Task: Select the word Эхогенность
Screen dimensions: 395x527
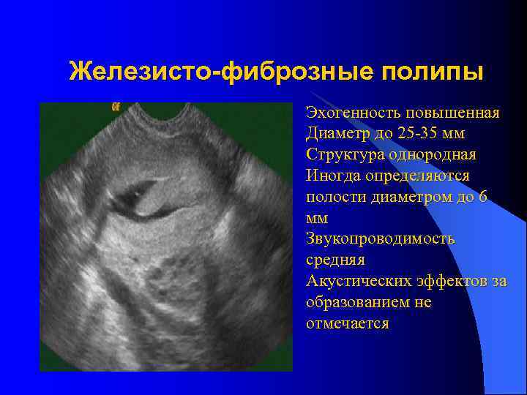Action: [351, 113]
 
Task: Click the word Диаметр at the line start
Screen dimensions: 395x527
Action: [336, 135]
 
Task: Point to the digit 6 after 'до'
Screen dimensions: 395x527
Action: [484, 197]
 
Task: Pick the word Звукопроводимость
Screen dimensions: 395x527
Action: [381, 239]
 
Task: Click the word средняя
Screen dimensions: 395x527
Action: [335, 260]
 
